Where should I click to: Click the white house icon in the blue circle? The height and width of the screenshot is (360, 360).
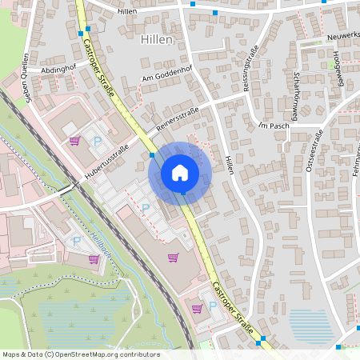pyautogui.click(x=180, y=173)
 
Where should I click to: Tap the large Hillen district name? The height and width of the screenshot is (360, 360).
pyautogui.click(x=157, y=40)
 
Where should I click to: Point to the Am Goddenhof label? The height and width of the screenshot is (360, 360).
pyautogui.click(x=169, y=74)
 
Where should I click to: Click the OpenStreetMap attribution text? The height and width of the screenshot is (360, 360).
pyautogui.click(x=81, y=354)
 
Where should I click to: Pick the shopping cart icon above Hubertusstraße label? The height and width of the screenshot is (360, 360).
pyautogui.click(x=75, y=142)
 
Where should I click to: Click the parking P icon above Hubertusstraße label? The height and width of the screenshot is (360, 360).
pyautogui.click(x=98, y=141)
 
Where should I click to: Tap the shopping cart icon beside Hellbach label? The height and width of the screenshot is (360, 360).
pyautogui.click(x=94, y=259)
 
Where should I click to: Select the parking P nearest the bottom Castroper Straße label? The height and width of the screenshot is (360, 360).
pyautogui.click(x=213, y=306)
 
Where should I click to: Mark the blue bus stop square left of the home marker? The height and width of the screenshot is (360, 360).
pyautogui.click(x=152, y=155)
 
